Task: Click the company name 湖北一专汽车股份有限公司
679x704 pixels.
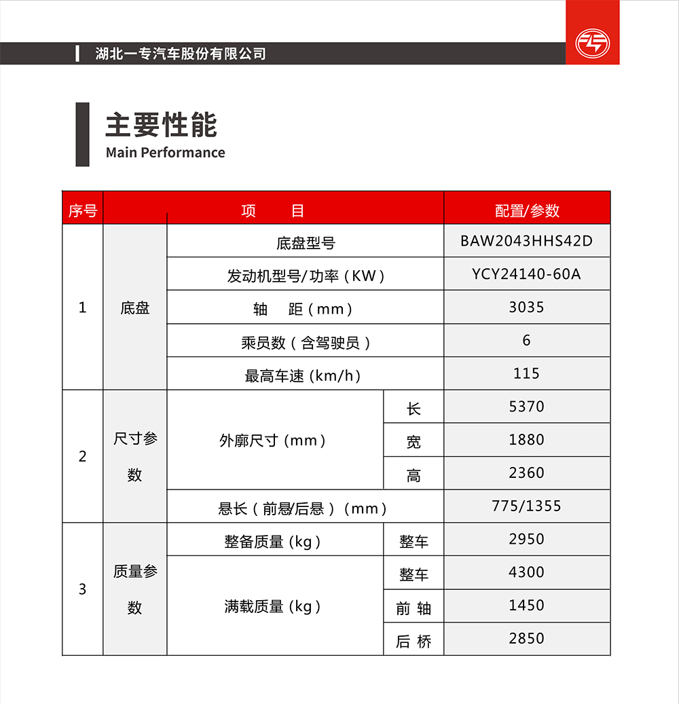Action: click(181, 54)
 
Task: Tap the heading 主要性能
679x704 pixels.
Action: click(161, 126)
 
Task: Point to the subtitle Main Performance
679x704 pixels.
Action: click(165, 152)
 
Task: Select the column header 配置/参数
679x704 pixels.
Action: click(527, 210)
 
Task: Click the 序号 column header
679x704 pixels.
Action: click(83, 210)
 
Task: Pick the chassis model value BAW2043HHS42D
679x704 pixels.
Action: click(526, 241)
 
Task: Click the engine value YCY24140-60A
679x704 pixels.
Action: click(526, 274)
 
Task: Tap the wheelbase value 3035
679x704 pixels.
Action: click(526, 308)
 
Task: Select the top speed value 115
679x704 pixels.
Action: click(526, 373)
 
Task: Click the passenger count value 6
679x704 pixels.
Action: click(526, 340)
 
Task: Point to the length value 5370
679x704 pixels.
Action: click(526, 407)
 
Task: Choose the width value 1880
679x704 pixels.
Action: click(526, 440)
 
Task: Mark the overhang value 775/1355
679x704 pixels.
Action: click(526, 506)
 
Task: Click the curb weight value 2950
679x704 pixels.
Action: click(526, 539)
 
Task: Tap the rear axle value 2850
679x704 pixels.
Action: click(526, 638)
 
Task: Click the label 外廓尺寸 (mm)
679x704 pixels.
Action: click(273, 441)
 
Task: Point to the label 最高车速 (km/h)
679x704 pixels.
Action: click(303, 375)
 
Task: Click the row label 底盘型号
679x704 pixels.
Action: click(306, 243)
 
